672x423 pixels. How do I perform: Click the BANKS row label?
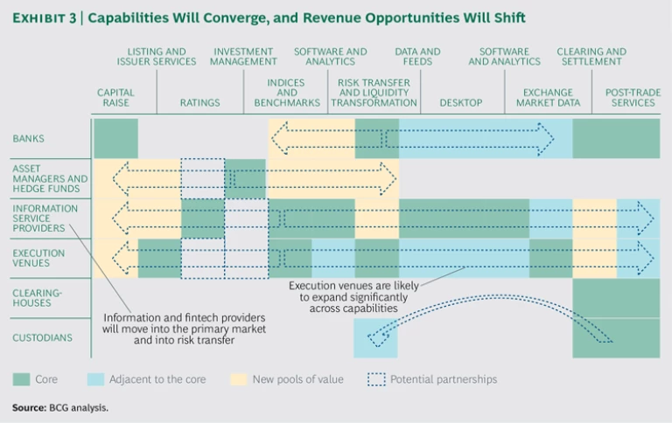click(29, 138)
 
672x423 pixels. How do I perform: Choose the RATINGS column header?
click(199, 102)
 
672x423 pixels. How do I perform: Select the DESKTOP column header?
click(460, 102)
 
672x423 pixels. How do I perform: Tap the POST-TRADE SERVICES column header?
click(630, 97)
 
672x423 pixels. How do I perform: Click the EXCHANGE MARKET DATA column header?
click(548, 97)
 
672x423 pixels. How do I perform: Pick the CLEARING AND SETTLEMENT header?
click(591, 57)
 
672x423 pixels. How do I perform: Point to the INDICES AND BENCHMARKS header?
click(286, 93)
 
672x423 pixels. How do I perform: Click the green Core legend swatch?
click(21, 379)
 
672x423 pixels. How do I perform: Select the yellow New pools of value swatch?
click(236, 379)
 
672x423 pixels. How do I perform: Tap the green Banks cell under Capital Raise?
click(115, 138)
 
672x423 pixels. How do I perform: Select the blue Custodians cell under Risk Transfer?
click(376, 337)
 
